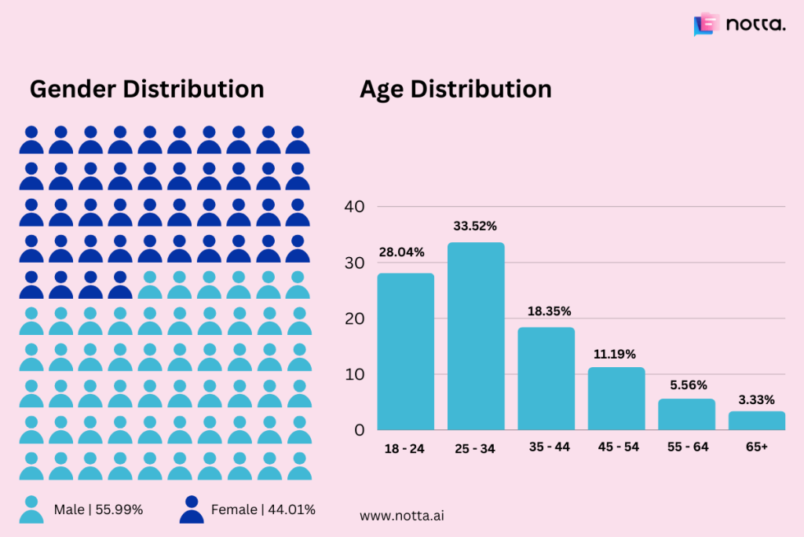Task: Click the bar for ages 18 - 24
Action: point(405,351)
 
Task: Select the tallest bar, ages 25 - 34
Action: point(476,337)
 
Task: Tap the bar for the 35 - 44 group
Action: point(546,378)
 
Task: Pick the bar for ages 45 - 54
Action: point(616,399)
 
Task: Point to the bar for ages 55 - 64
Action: point(686,414)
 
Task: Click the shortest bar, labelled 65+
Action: point(756,421)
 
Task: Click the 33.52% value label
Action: point(475,226)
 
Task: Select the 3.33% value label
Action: point(756,399)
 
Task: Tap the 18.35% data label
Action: point(546,311)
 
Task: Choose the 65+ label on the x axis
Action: point(756,447)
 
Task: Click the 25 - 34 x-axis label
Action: point(476,448)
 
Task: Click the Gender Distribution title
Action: point(147,89)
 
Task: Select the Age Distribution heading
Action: point(455,89)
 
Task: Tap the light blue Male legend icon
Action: point(31,509)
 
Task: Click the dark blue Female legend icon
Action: point(192,509)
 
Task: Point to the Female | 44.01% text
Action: point(263,509)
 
